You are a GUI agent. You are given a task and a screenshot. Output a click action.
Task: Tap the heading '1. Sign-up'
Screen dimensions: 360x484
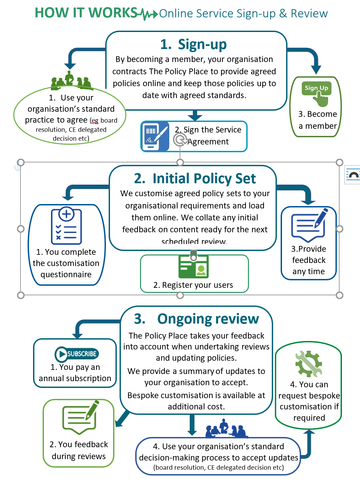pyautogui.click(x=193, y=44)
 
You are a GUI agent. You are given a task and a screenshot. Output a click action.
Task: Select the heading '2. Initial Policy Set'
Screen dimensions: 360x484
pyautogui.click(x=195, y=178)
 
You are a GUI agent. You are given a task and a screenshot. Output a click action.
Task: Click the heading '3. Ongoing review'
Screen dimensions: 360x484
pyautogui.click(x=197, y=319)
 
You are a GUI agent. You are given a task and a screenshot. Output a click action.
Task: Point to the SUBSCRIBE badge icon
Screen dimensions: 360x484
pyautogui.click(x=77, y=354)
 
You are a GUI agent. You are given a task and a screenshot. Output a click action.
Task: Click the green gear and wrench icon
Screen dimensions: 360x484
pyautogui.click(x=309, y=364)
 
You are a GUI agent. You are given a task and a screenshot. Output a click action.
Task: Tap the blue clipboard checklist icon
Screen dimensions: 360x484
pyautogui.click(x=66, y=225)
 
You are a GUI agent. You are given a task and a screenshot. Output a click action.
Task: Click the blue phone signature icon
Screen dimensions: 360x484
pyautogui.click(x=155, y=136)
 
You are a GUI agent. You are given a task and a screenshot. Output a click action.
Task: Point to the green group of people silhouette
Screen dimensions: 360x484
pyautogui.click(x=71, y=81)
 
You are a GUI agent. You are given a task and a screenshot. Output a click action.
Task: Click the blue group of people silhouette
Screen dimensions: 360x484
pyautogui.click(x=226, y=429)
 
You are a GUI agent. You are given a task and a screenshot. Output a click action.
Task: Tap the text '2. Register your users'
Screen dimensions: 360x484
pyautogui.click(x=193, y=285)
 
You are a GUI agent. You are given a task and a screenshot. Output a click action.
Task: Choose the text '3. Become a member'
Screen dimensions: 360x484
pyautogui.click(x=318, y=120)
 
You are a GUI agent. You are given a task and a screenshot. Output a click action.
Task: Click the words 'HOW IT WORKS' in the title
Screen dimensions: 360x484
pyautogui.click(x=86, y=13)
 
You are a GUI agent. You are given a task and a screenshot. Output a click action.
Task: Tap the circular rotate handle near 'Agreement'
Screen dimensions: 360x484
pyautogui.click(x=180, y=140)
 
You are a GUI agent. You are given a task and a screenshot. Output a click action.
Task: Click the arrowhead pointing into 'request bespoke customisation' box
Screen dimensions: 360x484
pyautogui.click(x=309, y=432)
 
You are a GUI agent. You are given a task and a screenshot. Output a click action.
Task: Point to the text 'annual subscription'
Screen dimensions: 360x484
pyautogui.click(x=75, y=378)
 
